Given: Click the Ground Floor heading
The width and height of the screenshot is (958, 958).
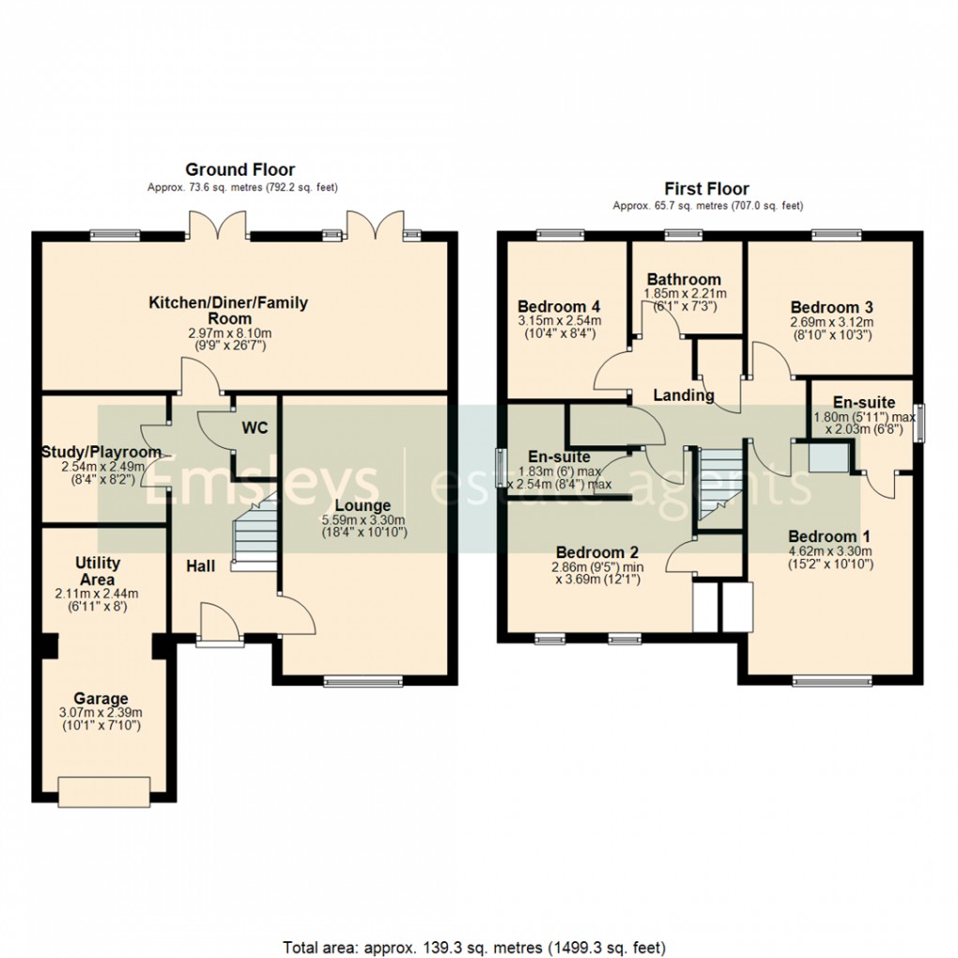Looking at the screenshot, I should tap(239, 170).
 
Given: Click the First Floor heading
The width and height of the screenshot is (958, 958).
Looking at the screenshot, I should tap(706, 189).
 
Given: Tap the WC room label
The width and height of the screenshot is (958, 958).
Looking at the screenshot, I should tap(255, 428).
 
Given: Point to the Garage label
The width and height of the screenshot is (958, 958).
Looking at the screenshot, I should tap(101, 699).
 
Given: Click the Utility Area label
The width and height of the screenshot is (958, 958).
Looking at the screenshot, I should tap(97, 571).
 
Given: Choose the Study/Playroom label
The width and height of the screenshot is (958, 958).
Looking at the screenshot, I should tap(101, 452).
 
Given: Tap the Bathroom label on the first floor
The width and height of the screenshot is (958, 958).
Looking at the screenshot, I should tap(684, 279).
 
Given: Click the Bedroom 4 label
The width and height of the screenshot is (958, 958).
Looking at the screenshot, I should tap(559, 307).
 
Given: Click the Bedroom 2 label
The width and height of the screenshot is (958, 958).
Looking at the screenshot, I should tap(597, 551).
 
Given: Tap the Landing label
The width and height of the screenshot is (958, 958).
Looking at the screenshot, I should tap(684, 395).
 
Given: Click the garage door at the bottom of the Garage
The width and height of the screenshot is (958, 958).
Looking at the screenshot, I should tap(103, 791).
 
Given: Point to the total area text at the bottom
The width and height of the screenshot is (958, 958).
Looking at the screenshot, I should tap(474, 946).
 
